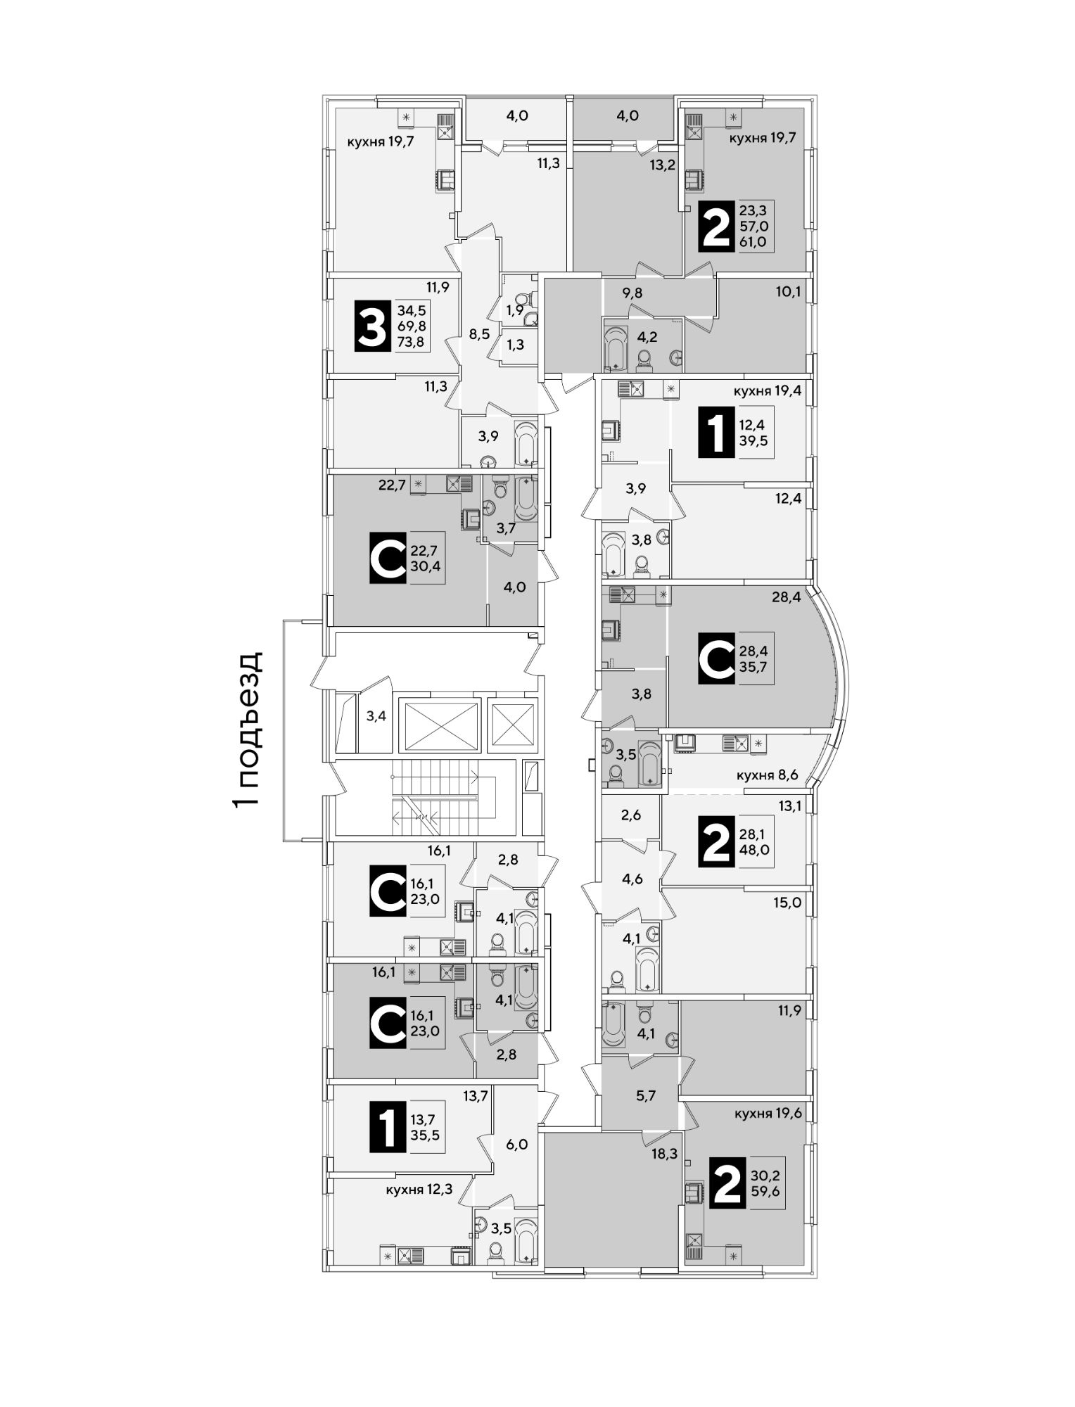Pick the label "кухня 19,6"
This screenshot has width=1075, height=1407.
click(x=768, y=1114)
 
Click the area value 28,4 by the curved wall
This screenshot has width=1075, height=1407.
click(x=787, y=597)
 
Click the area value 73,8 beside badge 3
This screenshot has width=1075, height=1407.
click(x=412, y=342)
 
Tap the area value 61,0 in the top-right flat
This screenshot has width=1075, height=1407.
click(x=753, y=242)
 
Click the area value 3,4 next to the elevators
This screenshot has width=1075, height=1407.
click(x=376, y=717)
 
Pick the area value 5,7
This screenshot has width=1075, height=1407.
click(x=645, y=1095)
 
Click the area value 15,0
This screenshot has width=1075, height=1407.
click(x=787, y=903)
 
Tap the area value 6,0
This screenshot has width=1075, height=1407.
click(x=516, y=1145)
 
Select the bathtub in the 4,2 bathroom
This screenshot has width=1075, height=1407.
click(x=616, y=347)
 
